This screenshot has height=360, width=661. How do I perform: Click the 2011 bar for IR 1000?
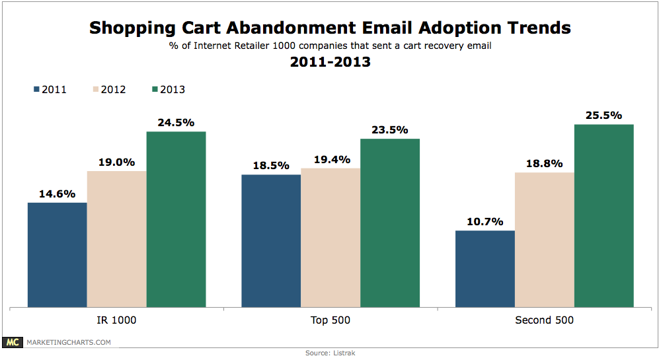pyautogui.click(x=58, y=255)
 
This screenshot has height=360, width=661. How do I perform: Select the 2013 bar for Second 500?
pyautogui.click(x=603, y=215)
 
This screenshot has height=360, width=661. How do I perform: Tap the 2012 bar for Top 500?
pyautogui.click(x=330, y=238)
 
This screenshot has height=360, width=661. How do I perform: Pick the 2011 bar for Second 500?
pyautogui.click(x=485, y=269)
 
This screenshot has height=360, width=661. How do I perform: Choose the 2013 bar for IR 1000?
pyautogui.click(x=176, y=219)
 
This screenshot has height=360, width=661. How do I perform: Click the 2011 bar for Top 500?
pyautogui.click(x=271, y=241)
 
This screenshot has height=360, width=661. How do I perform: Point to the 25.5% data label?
pyautogui.click(x=603, y=116)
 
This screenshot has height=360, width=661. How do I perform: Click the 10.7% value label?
pyautogui.click(x=485, y=221)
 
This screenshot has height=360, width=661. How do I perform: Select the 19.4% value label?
pyautogui.click(x=332, y=160)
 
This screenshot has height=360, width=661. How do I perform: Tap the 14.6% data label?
pyautogui.click(x=58, y=194)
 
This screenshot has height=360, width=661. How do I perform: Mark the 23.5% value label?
pyautogui.click(x=390, y=129)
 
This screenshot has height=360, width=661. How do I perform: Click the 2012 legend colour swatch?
pyautogui.click(x=96, y=89)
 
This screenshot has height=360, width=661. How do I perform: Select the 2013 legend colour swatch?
pyautogui.click(x=155, y=89)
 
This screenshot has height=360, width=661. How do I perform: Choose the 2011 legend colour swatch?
pyautogui.click(x=36, y=89)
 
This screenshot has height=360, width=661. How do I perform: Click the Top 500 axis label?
pyautogui.click(x=330, y=320)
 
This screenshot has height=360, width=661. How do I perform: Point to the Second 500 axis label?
pyautogui.click(x=544, y=320)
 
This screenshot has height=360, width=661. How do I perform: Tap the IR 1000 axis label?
pyautogui.click(x=116, y=320)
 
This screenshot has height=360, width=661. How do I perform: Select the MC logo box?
pyautogui.click(x=12, y=342)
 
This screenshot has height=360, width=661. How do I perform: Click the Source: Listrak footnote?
pyautogui.click(x=330, y=353)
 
